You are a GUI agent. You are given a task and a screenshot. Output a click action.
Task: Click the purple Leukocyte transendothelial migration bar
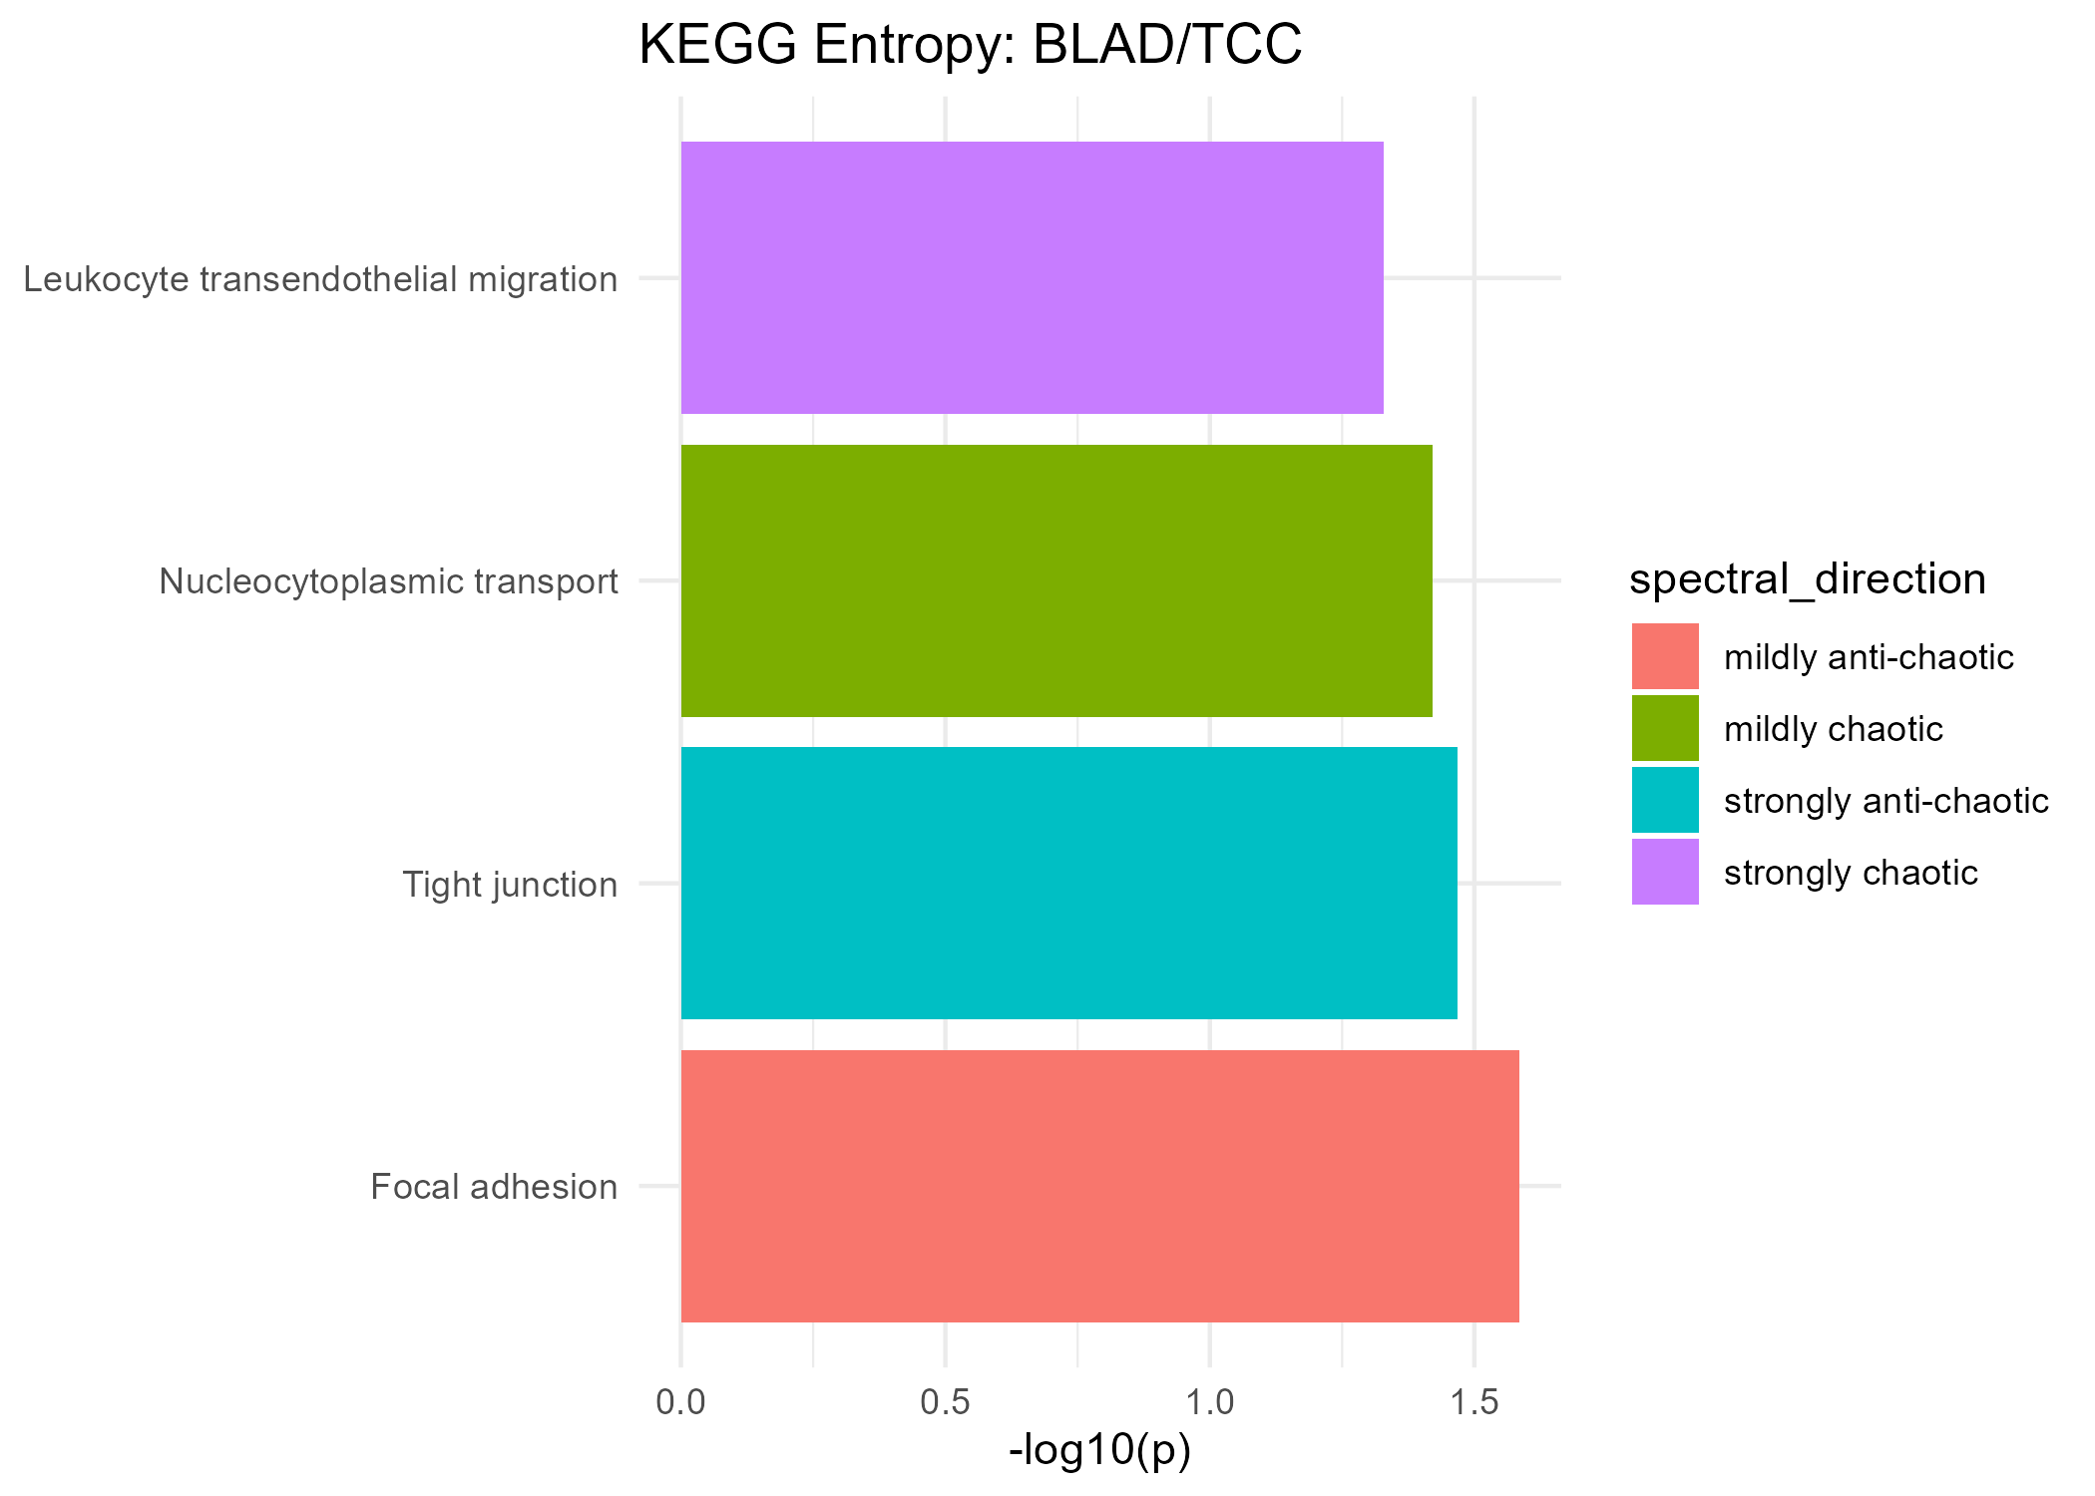point(1032,277)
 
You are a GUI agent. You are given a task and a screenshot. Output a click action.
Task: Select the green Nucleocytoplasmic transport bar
point(1055,580)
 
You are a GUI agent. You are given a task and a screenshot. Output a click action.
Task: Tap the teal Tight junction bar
point(1068,884)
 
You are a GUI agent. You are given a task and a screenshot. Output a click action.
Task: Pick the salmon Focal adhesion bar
point(1099,1186)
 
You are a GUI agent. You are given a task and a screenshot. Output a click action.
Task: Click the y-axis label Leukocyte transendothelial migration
point(320,279)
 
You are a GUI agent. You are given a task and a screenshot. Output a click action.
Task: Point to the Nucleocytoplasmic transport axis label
point(388,581)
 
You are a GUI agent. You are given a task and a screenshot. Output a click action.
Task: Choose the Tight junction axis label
point(510,885)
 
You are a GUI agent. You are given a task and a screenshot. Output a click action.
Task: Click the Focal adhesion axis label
point(494,1187)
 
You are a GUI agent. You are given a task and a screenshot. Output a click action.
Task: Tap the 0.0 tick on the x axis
point(680,1402)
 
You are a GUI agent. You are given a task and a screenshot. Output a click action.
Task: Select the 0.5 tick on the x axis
point(946,1402)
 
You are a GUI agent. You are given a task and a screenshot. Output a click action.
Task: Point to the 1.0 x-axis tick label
point(1210,1402)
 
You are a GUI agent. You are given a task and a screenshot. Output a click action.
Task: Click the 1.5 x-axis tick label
point(1474,1402)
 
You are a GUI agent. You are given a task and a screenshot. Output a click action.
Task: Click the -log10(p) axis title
point(1099,1451)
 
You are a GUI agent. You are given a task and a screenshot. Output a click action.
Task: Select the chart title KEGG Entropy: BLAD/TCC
point(970,46)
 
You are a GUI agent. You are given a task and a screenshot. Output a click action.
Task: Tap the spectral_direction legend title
point(1807,579)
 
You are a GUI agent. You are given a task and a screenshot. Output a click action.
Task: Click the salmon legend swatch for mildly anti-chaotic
point(1665,656)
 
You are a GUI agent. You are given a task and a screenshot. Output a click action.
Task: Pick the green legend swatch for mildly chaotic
point(1665,728)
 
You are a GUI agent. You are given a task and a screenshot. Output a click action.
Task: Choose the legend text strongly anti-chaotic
point(1885,801)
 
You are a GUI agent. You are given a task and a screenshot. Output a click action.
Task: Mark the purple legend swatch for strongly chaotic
point(1665,872)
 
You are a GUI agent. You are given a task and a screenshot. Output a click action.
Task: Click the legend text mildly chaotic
point(1833,729)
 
